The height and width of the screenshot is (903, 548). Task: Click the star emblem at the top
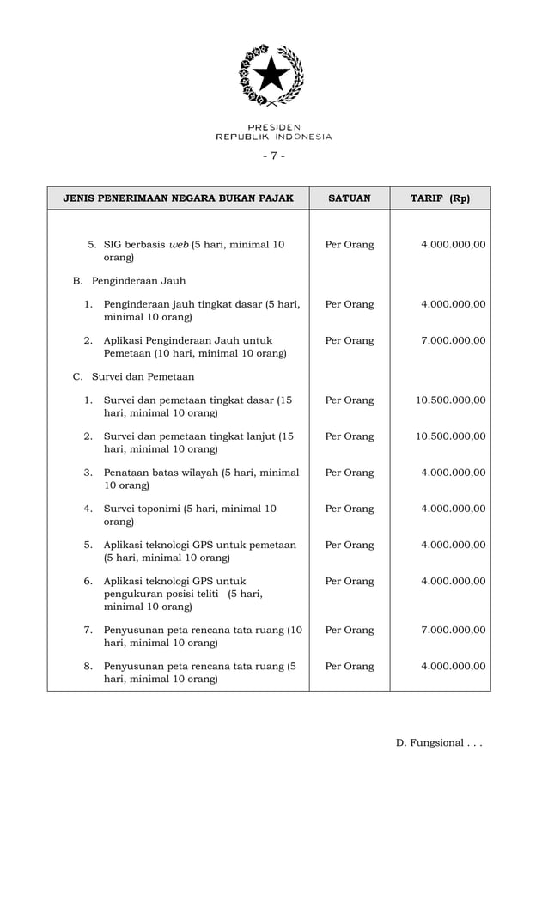[x=271, y=76]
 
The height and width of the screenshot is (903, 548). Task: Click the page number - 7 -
[x=273, y=156]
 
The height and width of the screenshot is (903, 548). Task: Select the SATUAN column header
[x=350, y=198]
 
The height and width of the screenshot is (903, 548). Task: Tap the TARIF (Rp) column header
[x=440, y=198]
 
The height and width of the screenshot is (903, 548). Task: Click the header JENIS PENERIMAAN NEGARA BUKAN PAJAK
[x=179, y=198]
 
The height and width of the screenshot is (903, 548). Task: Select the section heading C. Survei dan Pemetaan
[x=133, y=376]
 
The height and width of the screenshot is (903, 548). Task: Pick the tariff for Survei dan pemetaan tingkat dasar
[x=450, y=400]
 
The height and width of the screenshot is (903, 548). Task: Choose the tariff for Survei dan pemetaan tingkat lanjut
[x=450, y=436]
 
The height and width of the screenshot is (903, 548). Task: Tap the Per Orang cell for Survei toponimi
[x=350, y=509]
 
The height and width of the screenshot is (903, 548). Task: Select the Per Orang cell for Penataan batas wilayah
[x=350, y=473]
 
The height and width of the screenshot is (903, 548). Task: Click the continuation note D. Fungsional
[x=438, y=742]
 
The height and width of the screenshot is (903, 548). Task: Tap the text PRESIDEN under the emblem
[x=274, y=127]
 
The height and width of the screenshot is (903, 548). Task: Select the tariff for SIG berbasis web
[x=453, y=244]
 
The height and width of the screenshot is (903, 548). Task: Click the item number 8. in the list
[x=88, y=666]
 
